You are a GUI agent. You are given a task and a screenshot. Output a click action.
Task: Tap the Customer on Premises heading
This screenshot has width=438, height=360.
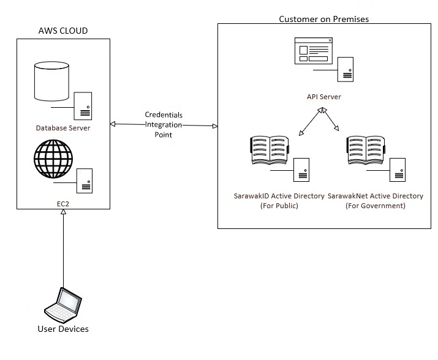[323, 19]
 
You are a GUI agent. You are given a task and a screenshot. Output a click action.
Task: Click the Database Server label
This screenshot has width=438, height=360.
[63, 128]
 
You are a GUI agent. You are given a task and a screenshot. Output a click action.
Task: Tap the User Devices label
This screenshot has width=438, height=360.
[63, 329]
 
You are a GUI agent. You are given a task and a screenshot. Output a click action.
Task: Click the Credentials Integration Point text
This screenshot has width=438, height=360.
[163, 124]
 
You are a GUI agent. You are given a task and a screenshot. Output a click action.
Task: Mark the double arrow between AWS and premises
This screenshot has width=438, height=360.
[164, 125]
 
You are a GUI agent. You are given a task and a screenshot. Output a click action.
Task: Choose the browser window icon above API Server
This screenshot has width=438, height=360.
[313, 51]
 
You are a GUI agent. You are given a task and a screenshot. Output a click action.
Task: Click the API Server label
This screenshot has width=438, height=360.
[324, 97]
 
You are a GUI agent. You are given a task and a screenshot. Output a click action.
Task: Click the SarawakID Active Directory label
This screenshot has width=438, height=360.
[270, 196]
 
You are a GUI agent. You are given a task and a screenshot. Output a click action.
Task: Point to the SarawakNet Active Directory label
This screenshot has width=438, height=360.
[376, 196]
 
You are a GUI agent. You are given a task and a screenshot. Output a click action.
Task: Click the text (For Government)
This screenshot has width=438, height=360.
[376, 206]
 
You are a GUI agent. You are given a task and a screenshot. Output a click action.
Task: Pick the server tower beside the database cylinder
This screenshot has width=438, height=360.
[83, 106]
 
